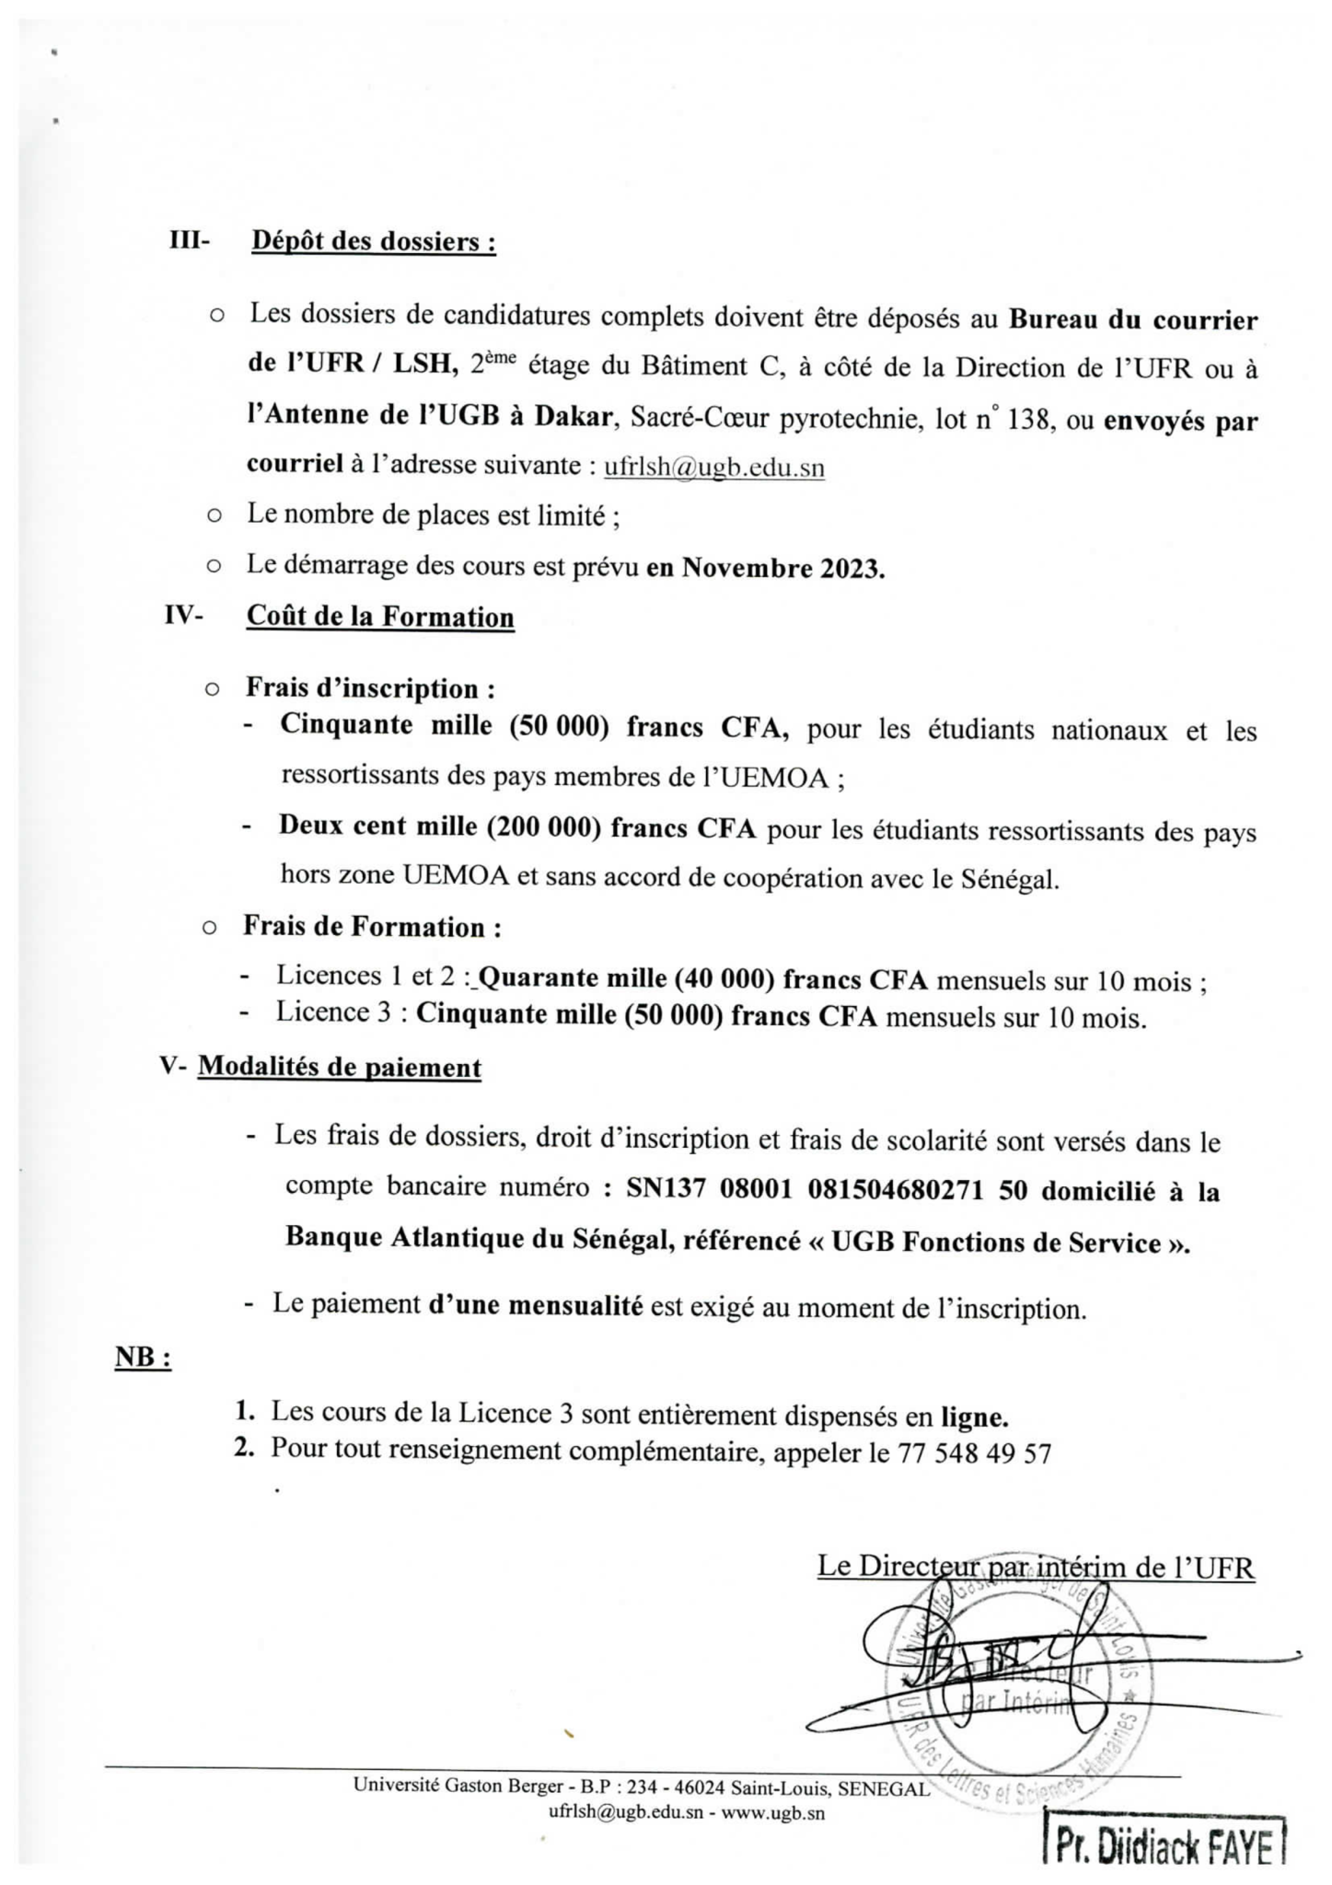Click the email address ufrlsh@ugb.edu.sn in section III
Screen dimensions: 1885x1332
(x=713, y=467)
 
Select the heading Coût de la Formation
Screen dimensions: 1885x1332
(x=379, y=617)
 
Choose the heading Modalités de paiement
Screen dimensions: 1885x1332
(x=340, y=1068)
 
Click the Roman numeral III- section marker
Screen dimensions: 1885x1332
(x=190, y=241)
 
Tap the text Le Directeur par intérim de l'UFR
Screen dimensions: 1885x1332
(x=1036, y=1567)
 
